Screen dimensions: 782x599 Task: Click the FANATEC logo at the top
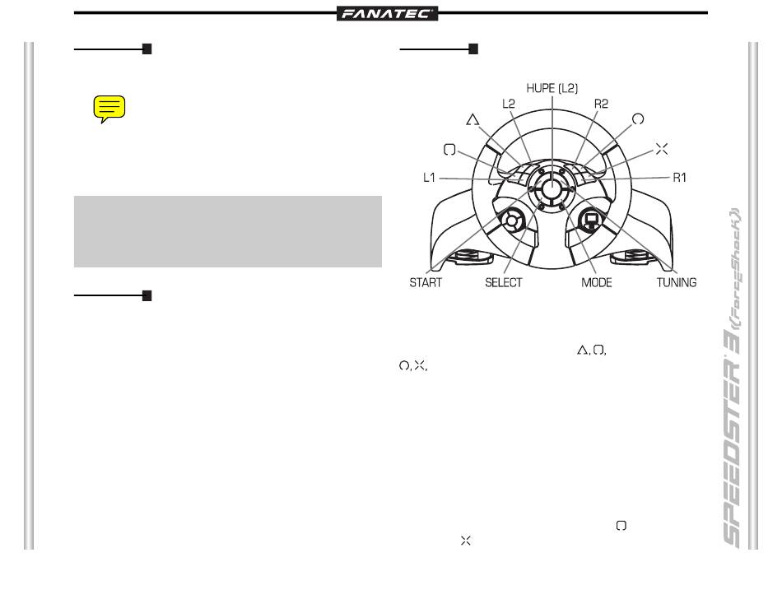coord(387,13)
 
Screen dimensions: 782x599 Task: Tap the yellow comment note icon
coord(109,109)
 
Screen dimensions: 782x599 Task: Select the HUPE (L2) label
coord(552,88)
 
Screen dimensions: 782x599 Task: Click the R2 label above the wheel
coord(601,104)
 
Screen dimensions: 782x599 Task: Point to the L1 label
coord(429,178)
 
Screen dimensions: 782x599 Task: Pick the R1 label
coord(679,178)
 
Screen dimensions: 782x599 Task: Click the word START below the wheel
coord(426,282)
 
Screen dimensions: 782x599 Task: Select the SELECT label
coord(503,282)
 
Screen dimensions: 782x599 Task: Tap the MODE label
coord(597,282)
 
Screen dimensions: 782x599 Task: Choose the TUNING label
coord(677,282)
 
